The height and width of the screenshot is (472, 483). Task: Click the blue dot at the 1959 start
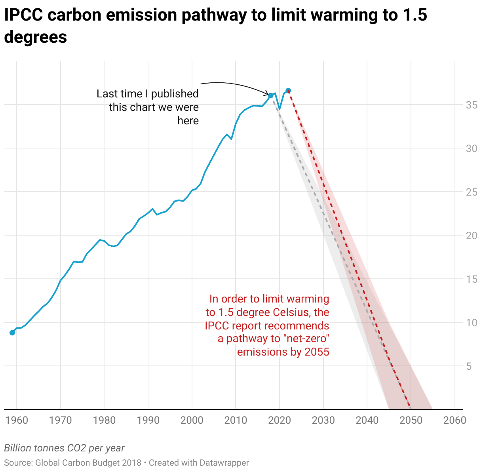[x=12, y=333]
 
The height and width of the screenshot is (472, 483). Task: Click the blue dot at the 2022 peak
[x=288, y=91]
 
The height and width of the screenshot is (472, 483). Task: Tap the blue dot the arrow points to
[x=271, y=95]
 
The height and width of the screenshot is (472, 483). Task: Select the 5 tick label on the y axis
[x=469, y=366]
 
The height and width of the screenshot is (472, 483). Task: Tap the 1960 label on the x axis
[x=17, y=420]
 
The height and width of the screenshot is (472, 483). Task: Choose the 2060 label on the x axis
[x=455, y=420]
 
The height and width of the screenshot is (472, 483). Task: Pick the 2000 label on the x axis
[x=192, y=420]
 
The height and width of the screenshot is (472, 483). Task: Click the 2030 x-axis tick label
[x=323, y=420]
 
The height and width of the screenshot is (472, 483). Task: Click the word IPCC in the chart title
[x=23, y=15]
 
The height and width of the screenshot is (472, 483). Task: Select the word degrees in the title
[x=35, y=37]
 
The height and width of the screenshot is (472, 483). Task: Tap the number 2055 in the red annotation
[x=317, y=352]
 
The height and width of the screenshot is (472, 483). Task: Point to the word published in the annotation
[x=175, y=94]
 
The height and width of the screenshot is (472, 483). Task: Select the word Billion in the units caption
[x=17, y=448]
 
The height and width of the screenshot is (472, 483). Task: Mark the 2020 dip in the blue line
[x=280, y=109]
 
